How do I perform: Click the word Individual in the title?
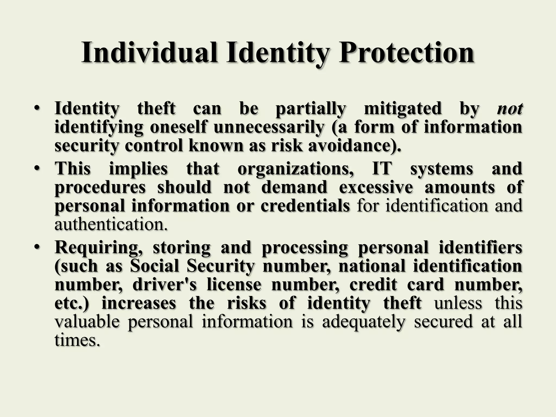pyautogui.click(x=150, y=52)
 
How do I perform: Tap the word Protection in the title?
pyautogui.click(x=406, y=52)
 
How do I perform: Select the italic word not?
pyautogui.click(x=510, y=109)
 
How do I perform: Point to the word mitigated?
pyautogui.click(x=402, y=109)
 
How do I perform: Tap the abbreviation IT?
pyautogui.click(x=382, y=169)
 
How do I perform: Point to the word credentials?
pyautogui.click(x=305, y=206)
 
